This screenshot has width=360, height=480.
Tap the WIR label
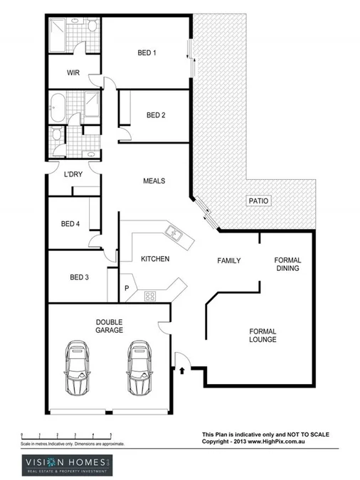coord(73,73)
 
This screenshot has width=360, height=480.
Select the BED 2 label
coord(156,115)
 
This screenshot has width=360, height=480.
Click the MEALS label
coord(154,181)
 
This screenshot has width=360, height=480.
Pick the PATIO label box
coord(258,201)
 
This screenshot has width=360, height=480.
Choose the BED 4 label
coord(70,224)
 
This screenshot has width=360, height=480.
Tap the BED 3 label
coord(79,277)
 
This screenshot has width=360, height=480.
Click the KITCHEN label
coord(154,259)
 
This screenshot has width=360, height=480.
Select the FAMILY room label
coord(228,261)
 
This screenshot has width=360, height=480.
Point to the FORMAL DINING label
coord(287,265)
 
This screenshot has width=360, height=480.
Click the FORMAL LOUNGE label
coord(262,336)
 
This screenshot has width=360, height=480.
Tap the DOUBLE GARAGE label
coord(110,326)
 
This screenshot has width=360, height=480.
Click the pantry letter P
coord(126,289)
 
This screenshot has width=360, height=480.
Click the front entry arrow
coord(183,370)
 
